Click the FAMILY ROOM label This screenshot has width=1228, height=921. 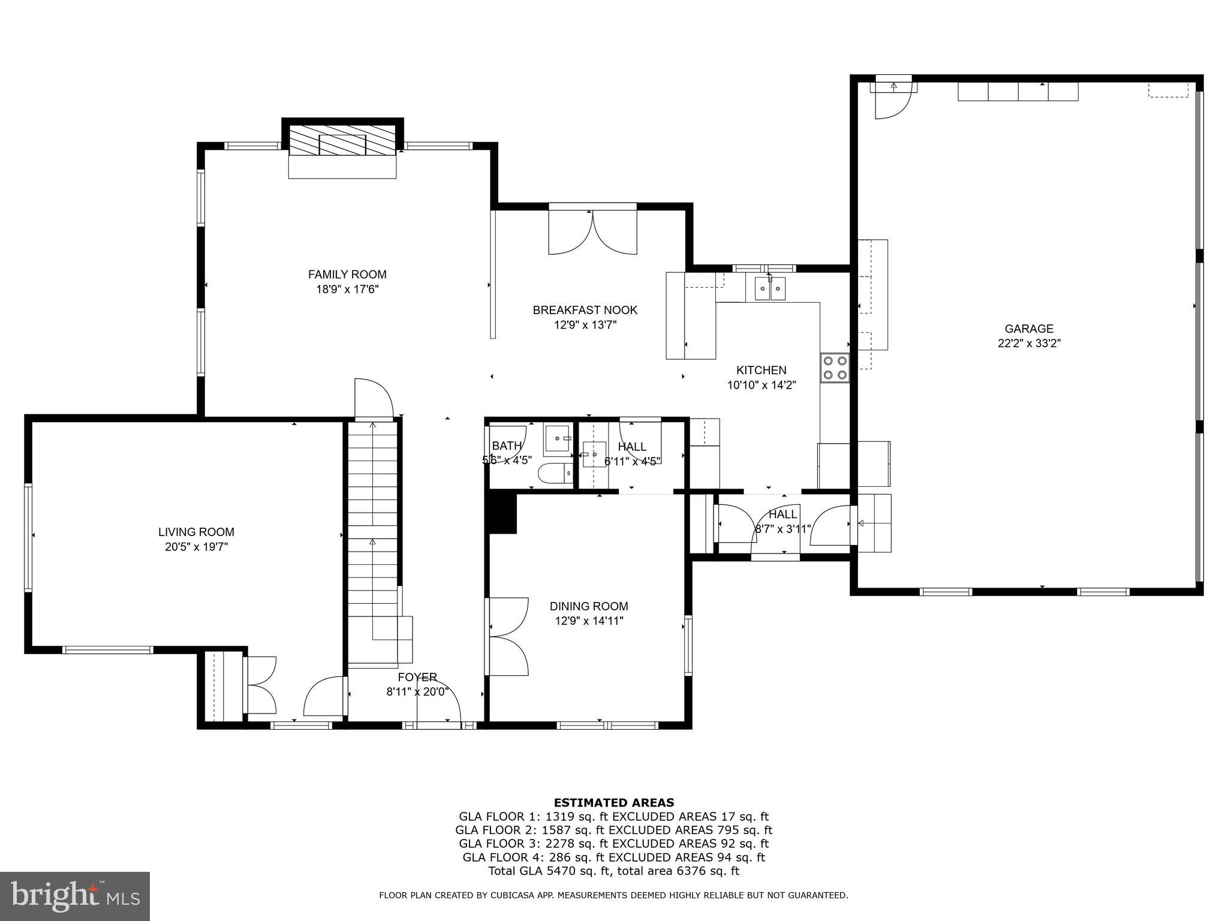347,275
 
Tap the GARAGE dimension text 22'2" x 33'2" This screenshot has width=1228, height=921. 1029,344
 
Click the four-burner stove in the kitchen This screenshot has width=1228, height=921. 835,368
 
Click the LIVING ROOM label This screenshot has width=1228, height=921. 196,532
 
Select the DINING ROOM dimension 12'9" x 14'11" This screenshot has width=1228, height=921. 589,621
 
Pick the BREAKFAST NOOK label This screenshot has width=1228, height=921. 585,310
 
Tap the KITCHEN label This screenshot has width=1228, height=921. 761,371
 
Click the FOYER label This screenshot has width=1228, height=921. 417,677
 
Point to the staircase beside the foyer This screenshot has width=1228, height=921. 373,540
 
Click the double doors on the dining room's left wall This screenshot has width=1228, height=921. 507,637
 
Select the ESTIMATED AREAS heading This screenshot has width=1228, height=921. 613,802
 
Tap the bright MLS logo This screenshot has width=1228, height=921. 75,896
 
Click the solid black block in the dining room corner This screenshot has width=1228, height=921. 503,513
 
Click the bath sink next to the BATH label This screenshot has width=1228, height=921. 558,440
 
